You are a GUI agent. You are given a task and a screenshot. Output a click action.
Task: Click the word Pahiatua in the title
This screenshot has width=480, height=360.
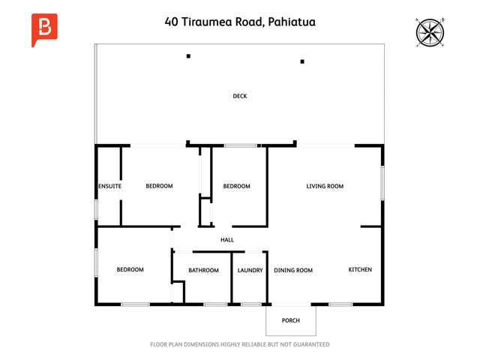pos(289,22)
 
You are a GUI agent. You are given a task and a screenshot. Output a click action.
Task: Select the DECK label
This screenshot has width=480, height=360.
pos(240,96)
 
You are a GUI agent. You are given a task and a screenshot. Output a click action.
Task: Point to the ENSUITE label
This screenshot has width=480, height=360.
pos(109,186)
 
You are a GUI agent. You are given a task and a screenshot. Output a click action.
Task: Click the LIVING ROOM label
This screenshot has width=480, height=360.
pos(325,186)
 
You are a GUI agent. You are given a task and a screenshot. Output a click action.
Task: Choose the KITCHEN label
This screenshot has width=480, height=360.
pos(360,270)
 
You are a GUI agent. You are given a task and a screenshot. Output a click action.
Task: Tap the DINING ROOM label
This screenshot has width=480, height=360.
pos(293,270)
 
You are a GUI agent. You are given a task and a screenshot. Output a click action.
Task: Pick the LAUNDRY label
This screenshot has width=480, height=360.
pos(250,270)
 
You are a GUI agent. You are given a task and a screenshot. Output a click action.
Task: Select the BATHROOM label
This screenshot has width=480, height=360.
pos(203,270)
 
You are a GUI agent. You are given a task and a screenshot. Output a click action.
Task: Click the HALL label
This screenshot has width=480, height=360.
pos(227,240)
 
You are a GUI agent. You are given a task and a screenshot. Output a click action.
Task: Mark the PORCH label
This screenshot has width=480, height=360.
pos(291,321)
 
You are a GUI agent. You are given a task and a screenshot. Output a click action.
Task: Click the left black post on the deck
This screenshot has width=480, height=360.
pos(188,56)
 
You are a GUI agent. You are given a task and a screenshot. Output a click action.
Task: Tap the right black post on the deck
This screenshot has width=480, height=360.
pos(303,62)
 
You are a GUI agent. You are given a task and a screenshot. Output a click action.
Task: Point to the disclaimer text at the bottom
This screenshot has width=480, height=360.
pos(240,345)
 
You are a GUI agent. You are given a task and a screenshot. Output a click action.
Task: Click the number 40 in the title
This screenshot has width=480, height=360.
pos(172,22)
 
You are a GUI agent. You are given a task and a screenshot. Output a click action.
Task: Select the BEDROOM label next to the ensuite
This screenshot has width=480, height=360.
pos(159,186)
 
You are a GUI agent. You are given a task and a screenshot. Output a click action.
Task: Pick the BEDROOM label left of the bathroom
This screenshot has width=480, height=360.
pos(130,269)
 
